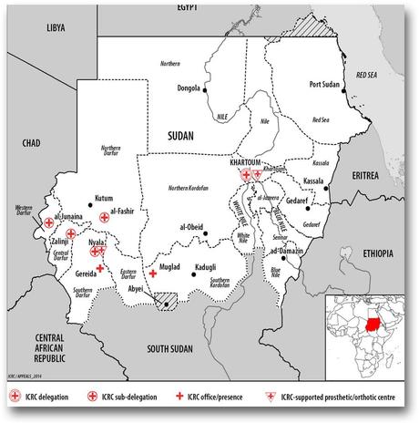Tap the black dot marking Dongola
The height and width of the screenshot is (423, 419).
coord(206,90)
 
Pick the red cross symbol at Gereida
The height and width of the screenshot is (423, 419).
coord(99,267)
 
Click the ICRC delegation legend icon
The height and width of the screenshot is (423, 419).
coord(14,397)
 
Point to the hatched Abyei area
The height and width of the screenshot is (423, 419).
coord(165,300)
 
